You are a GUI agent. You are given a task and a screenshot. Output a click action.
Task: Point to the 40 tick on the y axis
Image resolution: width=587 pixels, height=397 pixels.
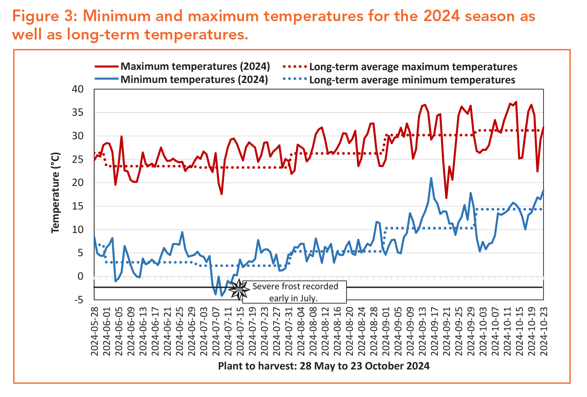(x=78, y=89)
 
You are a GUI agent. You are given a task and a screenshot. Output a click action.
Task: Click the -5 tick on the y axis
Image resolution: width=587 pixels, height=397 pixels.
(x=79, y=300)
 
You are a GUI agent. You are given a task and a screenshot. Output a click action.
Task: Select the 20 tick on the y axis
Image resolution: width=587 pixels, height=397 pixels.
(x=78, y=183)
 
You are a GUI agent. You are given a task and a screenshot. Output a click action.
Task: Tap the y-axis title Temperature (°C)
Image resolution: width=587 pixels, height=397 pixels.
(x=55, y=193)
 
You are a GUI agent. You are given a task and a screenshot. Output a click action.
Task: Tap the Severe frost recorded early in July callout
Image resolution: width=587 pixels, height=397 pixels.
(x=294, y=292)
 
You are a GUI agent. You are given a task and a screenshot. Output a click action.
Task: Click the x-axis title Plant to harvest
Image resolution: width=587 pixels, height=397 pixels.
(x=323, y=366)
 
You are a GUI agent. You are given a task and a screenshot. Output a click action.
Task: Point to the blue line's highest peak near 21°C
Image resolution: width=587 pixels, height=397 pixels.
(x=431, y=178)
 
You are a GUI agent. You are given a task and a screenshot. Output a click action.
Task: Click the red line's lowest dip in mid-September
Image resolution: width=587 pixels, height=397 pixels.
(x=446, y=198)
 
